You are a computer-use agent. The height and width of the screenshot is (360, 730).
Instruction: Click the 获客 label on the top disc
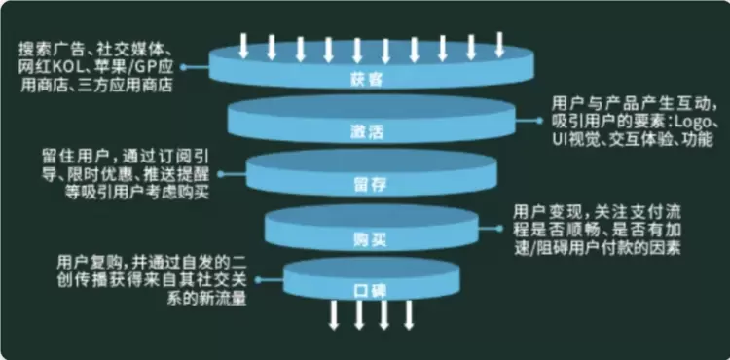pos(366,80)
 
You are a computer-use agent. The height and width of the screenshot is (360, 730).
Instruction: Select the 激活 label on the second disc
pos(366,132)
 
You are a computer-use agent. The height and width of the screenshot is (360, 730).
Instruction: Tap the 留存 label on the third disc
pos(370,185)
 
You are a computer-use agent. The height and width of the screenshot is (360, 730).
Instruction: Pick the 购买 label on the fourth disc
pos(370,239)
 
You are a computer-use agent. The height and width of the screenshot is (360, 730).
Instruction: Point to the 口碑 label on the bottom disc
pos(370,292)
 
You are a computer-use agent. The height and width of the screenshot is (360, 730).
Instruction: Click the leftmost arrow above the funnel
pos(243,46)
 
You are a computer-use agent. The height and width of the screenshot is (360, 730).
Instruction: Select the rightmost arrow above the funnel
pos(499,44)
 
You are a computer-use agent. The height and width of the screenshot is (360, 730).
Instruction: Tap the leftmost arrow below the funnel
pos(333,315)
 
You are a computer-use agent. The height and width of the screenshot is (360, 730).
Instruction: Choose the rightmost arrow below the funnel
pos(408,315)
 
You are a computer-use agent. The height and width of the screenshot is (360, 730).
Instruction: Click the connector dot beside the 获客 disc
pos(183,67)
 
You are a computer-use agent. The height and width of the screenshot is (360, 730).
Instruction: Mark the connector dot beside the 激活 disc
pos(539,121)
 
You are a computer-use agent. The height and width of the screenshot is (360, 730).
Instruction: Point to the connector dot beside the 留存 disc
pos(221,174)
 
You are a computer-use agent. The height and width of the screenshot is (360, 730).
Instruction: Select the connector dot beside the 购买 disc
pos(499,229)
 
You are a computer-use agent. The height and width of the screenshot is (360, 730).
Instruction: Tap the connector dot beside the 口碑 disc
pos(258,280)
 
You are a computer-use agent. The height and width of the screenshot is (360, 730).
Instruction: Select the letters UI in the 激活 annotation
pos(559,139)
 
